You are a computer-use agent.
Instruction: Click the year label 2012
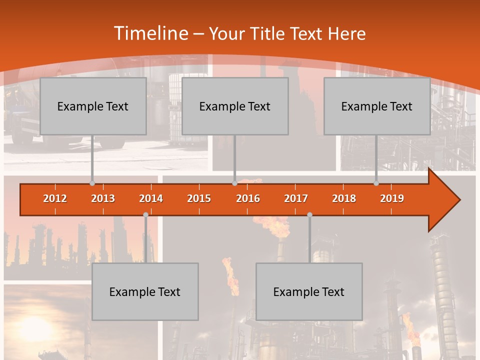55,198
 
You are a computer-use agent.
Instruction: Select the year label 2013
103,198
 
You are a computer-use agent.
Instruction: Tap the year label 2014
151,198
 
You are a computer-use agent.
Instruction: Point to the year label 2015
199,198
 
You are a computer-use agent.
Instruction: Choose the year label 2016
248,198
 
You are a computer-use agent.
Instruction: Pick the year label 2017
296,198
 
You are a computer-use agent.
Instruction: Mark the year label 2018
344,198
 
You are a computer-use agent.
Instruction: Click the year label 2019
392,198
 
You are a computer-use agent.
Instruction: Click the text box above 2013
93,106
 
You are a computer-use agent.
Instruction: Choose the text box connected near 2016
235,106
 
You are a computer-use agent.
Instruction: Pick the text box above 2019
377,106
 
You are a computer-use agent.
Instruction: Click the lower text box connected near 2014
145,291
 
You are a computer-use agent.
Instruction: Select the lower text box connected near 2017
309,291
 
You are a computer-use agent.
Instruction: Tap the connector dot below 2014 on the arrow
145,214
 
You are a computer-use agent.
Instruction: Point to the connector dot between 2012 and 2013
92,183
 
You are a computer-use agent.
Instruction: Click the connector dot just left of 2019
376,183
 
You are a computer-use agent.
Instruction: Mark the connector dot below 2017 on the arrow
309,214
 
